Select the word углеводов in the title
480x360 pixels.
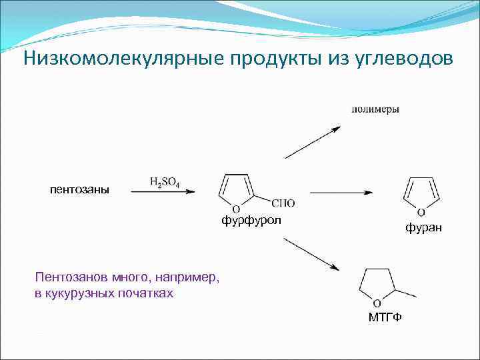pyautogui.click(x=401, y=59)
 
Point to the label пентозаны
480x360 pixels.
pyautogui.click(x=79, y=189)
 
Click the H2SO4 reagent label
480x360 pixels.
pyautogui.click(x=165, y=182)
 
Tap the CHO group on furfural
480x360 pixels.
pyautogui.click(x=283, y=203)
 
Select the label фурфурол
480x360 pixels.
pyautogui.click(x=252, y=220)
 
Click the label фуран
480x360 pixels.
pyautogui.click(x=423, y=228)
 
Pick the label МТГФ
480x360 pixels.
pyautogui.click(x=385, y=316)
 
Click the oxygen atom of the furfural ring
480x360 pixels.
pyautogui.click(x=236, y=209)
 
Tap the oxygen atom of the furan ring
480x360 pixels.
pyautogui.click(x=421, y=213)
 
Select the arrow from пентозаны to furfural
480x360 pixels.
pyautogui.click(x=163, y=192)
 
